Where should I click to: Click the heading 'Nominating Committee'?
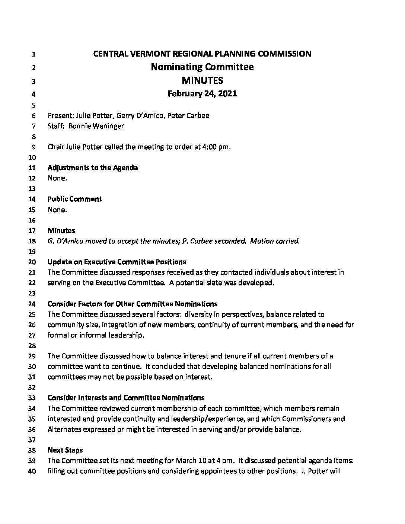(x=202, y=67)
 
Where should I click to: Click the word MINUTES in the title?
(x=202, y=80)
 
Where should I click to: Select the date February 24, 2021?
(x=202, y=94)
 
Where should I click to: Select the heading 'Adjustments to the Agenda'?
(x=93, y=168)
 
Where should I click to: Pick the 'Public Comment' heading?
(x=74, y=199)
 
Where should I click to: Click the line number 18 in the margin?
(x=34, y=241)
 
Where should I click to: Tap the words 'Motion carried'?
(x=274, y=241)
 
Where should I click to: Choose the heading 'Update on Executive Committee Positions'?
(x=117, y=262)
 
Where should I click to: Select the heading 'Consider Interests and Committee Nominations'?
(x=126, y=398)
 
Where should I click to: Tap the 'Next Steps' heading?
(x=65, y=450)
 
